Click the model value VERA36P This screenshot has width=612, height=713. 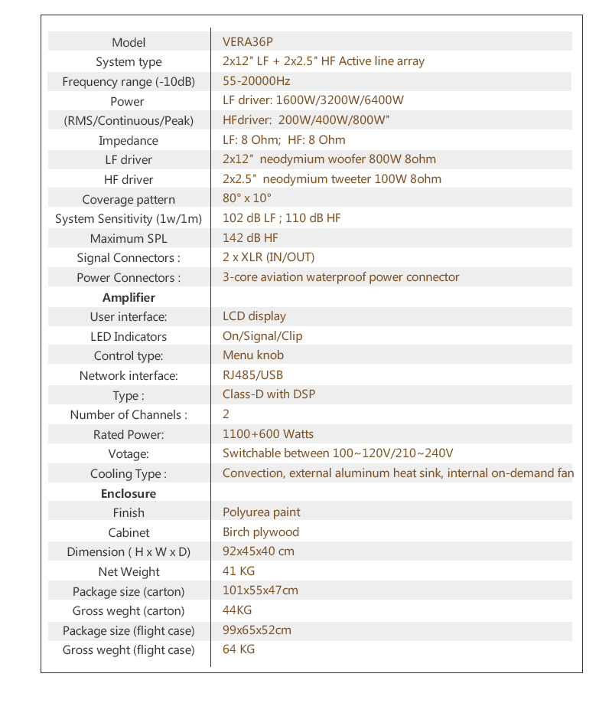pyautogui.click(x=247, y=42)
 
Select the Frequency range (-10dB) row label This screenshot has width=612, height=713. pyautogui.click(x=129, y=82)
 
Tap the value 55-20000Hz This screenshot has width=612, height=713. pyautogui.click(x=256, y=81)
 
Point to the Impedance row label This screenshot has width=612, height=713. pyautogui.click(x=129, y=141)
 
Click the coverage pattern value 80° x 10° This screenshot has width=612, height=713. pyautogui.click(x=247, y=198)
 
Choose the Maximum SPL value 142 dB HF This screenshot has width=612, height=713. pyautogui.click(x=250, y=238)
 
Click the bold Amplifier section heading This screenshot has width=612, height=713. pyautogui.click(x=129, y=298)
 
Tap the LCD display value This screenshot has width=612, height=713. pyautogui.click(x=254, y=316)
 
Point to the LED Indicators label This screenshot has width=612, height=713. pyautogui.click(x=129, y=337)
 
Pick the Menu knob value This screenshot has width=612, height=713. pyautogui.click(x=253, y=355)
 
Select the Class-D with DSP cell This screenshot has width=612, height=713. pyautogui.click(x=269, y=394)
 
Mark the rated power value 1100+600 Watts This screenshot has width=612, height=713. pyautogui.click(x=268, y=434)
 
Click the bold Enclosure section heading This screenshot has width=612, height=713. pyautogui.click(x=129, y=494)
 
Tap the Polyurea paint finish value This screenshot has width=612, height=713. pyautogui.click(x=262, y=512)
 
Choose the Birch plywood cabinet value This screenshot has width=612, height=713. pyautogui.click(x=261, y=532)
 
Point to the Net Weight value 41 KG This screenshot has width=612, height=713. pyautogui.click(x=239, y=571)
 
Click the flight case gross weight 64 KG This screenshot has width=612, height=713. pyautogui.click(x=239, y=649)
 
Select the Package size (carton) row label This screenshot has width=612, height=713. pyautogui.click(x=129, y=592)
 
